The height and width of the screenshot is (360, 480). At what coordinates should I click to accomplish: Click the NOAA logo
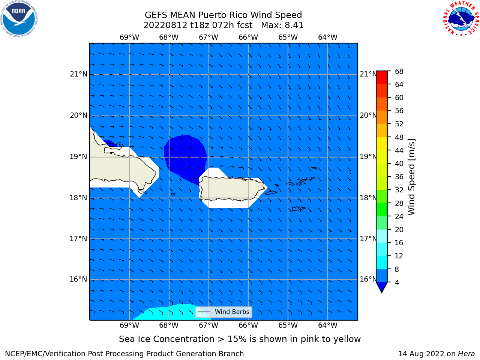pyautogui.click(x=19, y=19)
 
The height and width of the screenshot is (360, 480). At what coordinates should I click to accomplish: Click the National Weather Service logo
pyautogui.click(x=461, y=18)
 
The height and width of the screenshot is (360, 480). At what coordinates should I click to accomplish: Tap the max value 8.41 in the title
pyautogui.click(x=293, y=25)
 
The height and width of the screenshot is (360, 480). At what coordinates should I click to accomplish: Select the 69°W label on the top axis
pyautogui.click(x=129, y=37)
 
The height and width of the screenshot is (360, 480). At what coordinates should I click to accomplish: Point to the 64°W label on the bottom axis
pyautogui.click(x=328, y=325)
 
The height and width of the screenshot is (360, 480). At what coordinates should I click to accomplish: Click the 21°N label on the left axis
pyautogui.click(x=78, y=74)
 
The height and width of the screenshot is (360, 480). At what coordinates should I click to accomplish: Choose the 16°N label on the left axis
pyautogui.click(x=78, y=279)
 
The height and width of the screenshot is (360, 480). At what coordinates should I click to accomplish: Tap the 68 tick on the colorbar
pyautogui.click(x=399, y=72)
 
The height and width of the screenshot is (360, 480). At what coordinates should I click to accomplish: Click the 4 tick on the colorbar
pyautogui.click(x=397, y=282)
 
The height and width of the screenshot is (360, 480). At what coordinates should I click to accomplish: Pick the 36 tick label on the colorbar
pyautogui.click(x=399, y=177)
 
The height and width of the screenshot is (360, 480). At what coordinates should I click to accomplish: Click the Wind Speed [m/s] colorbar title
pyautogui.click(x=411, y=177)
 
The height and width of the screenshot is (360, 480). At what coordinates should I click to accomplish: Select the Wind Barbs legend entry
pyautogui.click(x=223, y=312)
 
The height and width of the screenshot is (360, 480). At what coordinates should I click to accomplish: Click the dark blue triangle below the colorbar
pyautogui.click(x=382, y=287)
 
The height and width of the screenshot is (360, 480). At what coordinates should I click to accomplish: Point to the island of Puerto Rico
pyautogui.click(x=232, y=188)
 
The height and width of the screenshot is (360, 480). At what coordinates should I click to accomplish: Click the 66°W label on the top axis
pyautogui.click(x=248, y=37)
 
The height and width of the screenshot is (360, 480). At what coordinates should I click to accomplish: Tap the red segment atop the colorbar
pyautogui.click(x=382, y=78)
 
